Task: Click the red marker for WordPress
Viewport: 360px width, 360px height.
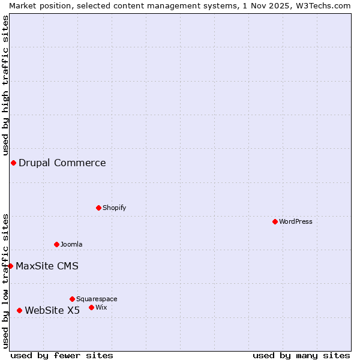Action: tap(275, 221)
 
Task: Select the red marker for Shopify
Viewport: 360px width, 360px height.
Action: tap(98, 208)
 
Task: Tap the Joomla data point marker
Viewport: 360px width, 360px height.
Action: tap(56, 244)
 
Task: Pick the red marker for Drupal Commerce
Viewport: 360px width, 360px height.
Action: tap(13, 163)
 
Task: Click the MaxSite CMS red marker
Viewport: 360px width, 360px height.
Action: tap(10, 266)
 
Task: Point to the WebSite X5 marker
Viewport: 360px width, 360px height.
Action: tap(19, 310)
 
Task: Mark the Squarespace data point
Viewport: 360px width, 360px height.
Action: tap(72, 299)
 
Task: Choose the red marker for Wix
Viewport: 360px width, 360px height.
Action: tap(91, 307)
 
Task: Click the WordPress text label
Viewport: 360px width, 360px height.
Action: tap(296, 221)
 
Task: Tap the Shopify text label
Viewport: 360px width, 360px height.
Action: tap(115, 208)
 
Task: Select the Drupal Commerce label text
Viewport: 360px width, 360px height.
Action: tap(62, 163)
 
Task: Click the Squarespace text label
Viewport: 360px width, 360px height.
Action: tap(97, 299)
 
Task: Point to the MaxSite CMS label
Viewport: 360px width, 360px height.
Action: tap(47, 266)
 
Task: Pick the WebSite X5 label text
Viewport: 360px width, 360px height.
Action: tap(52, 310)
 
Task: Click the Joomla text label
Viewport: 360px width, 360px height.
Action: tap(71, 244)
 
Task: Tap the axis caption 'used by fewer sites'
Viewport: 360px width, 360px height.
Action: tap(62, 355)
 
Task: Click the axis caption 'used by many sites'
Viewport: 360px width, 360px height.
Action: tap(301, 355)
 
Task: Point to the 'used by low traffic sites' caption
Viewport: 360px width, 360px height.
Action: tap(6, 281)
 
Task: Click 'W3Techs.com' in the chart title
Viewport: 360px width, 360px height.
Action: tap(322, 5)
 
